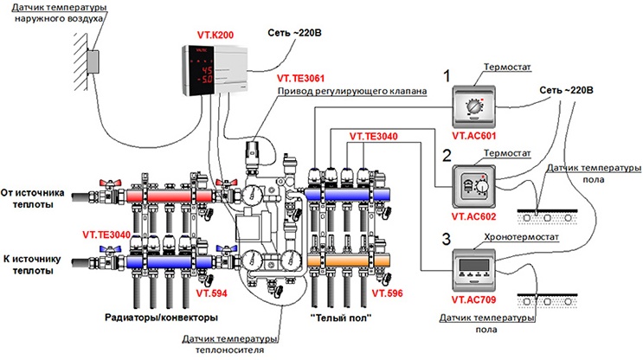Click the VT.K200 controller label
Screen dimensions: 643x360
click(x=215, y=35)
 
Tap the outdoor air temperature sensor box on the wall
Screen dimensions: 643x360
click(x=93, y=61)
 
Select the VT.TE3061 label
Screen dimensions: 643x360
click(x=300, y=78)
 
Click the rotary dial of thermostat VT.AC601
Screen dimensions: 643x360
click(x=473, y=106)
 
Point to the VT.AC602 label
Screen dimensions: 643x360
click(x=473, y=216)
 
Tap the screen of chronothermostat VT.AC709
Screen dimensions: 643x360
click(x=473, y=264)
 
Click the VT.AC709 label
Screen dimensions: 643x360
click(x=473, y=299)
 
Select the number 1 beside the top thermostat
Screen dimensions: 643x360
click(x=447, y=76)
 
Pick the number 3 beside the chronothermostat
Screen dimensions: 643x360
click(x=447, y=239)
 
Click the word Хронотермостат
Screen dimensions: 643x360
click(x=521, y=237)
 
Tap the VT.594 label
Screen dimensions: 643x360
click(x=211, y=293)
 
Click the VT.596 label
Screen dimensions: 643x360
click(x=387, y=293)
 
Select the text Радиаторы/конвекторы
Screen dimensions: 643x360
click(x=161, y=318)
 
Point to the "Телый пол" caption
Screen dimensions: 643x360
click(x=341, y=318)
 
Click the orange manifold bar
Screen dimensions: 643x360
click(x=348, y=260)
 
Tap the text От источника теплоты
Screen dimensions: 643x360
click(x=33, y=198)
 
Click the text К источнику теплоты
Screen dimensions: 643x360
click(x=32, y=265)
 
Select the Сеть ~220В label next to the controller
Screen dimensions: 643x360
click(x=294, y=33)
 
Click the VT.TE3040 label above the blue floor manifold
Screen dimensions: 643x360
click(x=374, y=136)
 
